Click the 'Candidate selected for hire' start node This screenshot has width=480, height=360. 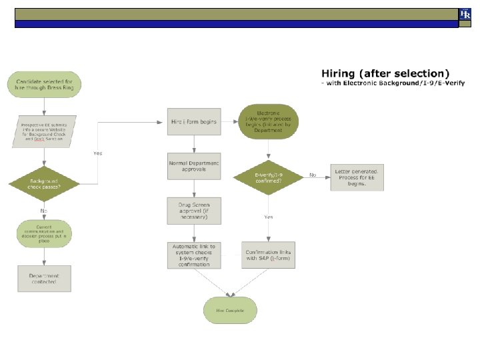click(44, 84)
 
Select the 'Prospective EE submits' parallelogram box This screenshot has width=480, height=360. click(44, 131)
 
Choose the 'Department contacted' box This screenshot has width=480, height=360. click(44, 278)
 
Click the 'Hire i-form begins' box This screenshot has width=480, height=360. click(194, 122)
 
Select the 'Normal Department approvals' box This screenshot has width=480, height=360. click(194, 166)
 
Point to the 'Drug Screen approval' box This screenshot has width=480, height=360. click(194, 210)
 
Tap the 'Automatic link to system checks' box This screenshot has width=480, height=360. click(194, 255)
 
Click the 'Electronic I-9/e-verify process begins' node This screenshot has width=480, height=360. click(268, 122)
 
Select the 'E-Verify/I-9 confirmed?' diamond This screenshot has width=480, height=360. click(268, 177)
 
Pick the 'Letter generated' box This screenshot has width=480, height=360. click(357, 177)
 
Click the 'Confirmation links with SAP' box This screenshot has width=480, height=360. click(268, 255)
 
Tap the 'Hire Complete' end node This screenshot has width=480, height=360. click(230, 311)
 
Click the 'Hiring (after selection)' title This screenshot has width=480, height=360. click(385, 73)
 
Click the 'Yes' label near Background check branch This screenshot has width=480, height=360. click(98, 153)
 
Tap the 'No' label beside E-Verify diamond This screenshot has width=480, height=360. click(312, 175)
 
